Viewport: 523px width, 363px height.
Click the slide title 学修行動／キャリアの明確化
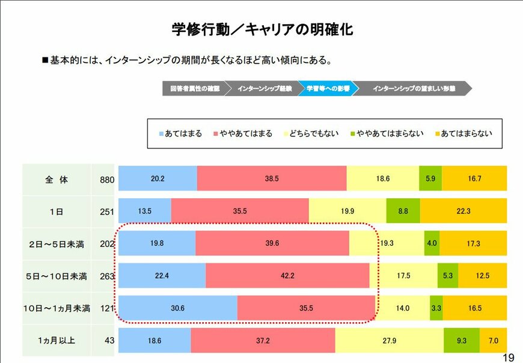(261, 29)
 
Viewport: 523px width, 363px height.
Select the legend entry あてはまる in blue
(180, 133)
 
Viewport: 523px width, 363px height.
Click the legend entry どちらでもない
(310, 133)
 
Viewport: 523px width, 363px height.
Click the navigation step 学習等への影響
(328, 88)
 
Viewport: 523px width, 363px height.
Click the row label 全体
(57, 179)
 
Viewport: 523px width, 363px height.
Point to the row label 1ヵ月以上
(57, 341)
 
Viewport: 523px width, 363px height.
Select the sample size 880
(106, 179)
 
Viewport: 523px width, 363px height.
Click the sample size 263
(106, 276)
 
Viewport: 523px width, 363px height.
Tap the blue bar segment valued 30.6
(177, 308)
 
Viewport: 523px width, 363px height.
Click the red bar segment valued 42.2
(287, 276)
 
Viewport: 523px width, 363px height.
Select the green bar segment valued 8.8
(403, 211)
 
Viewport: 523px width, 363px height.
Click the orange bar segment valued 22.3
(463, 211)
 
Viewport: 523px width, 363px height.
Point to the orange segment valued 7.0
(493, 341)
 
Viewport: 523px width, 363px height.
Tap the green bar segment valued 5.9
(430, 179)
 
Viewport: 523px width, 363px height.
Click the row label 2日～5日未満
(57, 244)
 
